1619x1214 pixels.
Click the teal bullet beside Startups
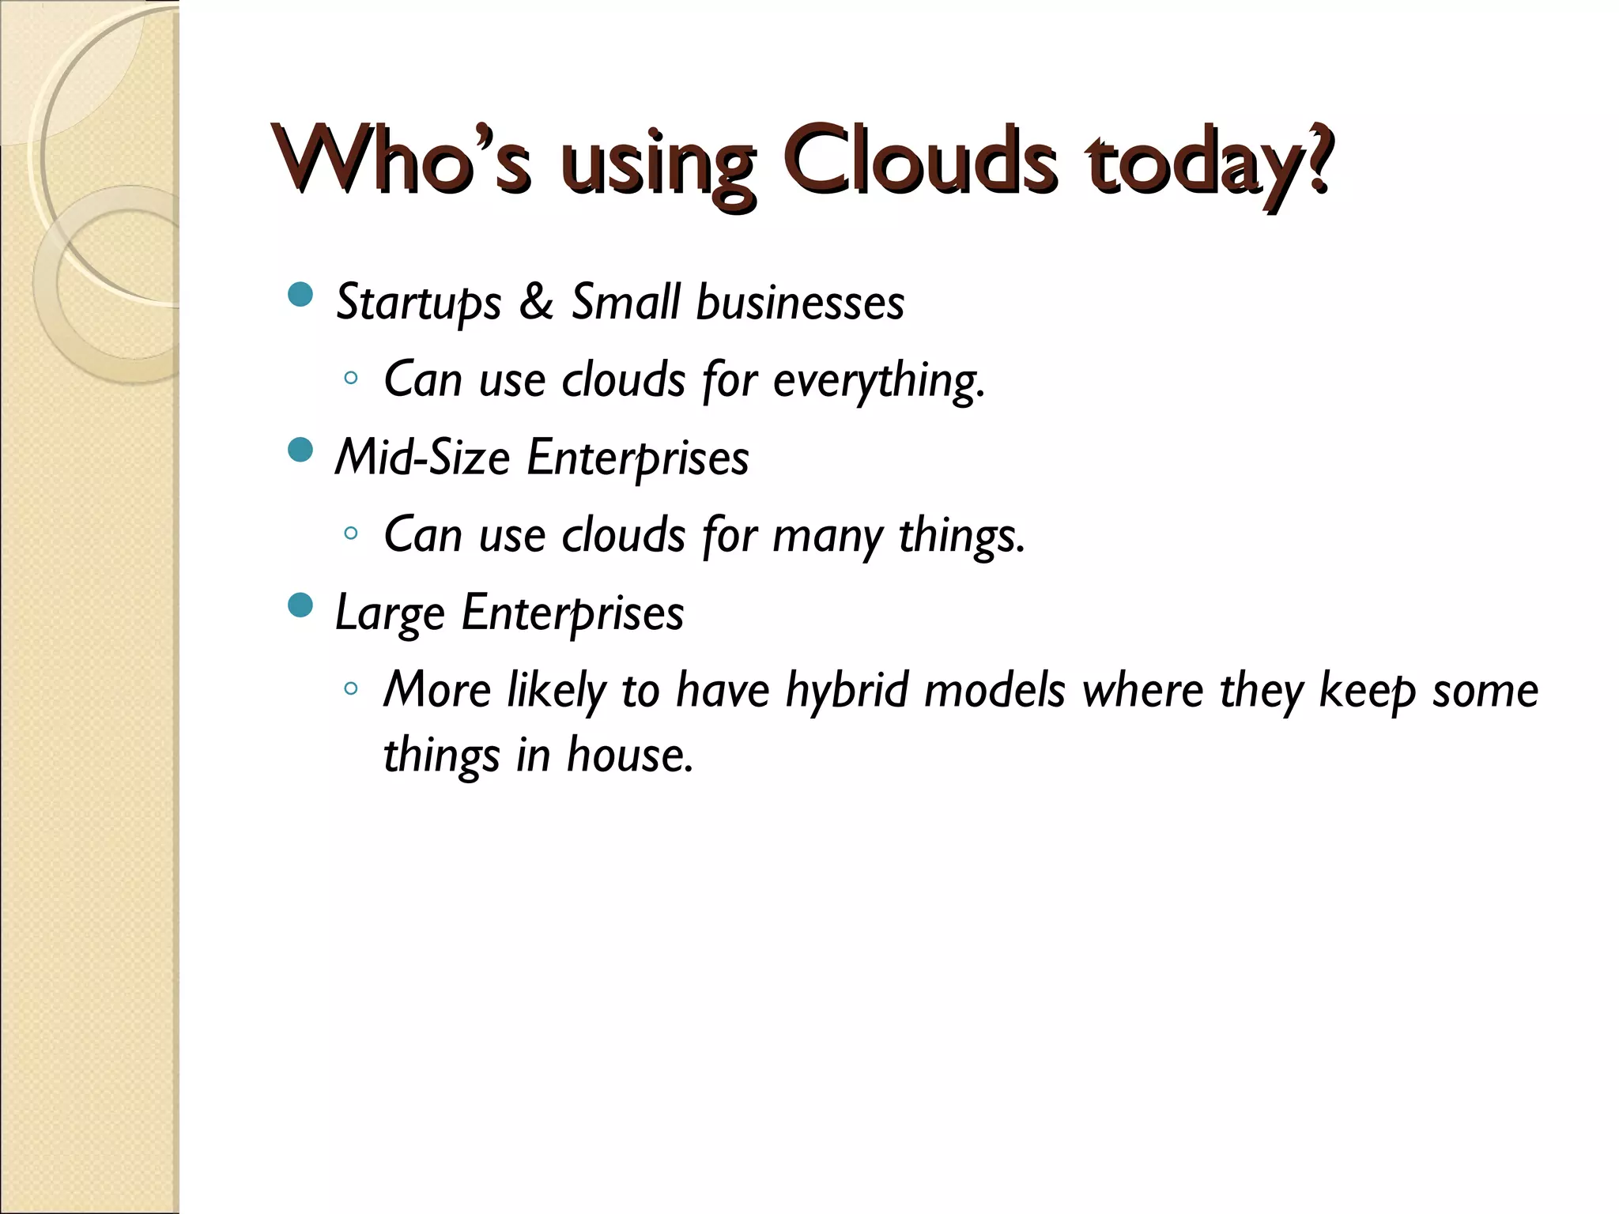[x=300, y=296]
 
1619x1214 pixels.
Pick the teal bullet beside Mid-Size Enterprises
[x=300, y=451]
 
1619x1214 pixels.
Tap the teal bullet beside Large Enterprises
[x=300, y=606]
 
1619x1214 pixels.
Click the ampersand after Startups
[x=536, y=302]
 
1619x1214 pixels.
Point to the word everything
[x=878, y=380]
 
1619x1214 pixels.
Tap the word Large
[x=390, y=613]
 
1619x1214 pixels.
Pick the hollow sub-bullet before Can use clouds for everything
[x=351, y=378]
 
